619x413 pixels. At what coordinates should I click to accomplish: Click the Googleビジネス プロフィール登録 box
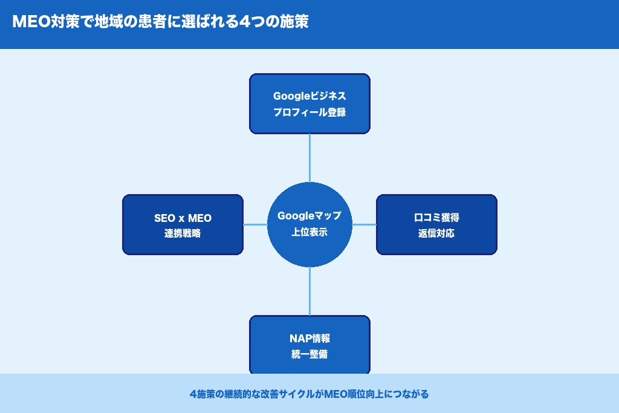pos(309,103)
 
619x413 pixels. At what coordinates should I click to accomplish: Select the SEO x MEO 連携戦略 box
pos(183,224)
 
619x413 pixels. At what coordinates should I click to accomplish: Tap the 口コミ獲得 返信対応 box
pos(436,224)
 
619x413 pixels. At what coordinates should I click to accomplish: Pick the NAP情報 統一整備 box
pos(309,345)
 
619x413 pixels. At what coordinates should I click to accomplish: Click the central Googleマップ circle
pos(309,224)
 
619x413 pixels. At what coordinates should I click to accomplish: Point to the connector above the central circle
pos(309,158)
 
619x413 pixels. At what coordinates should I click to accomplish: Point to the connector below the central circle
pos(309,291)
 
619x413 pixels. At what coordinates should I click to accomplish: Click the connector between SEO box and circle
pos(255,224)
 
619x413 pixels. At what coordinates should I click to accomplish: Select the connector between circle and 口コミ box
pos(364,224)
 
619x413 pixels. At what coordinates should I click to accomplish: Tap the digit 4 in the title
pos(245,22)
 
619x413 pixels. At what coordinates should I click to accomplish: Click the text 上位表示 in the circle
pos(309,232)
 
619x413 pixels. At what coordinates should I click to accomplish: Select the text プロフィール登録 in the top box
pos(309,112)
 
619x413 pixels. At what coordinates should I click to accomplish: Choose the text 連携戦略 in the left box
pos(183,233)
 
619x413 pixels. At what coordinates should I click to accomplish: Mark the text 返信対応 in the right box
pos(436,233)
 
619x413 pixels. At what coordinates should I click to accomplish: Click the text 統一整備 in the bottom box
pos(309,354)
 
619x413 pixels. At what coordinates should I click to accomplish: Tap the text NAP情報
pos(309,338)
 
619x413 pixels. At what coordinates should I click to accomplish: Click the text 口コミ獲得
pos(436,217)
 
